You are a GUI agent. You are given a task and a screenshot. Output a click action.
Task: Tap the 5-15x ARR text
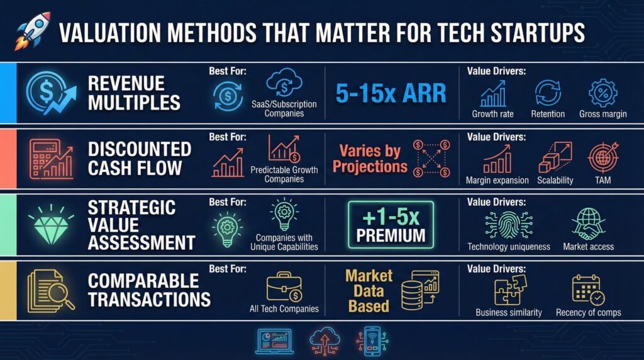(391, 93)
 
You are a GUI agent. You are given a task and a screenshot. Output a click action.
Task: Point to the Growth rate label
(492, 115)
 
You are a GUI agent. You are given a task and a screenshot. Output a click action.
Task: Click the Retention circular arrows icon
(548, 93)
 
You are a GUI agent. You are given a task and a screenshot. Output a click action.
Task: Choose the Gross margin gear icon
(602, 93)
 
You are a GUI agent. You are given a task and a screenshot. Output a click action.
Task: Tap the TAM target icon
(602, 159)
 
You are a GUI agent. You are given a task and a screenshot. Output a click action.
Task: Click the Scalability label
(555, 181)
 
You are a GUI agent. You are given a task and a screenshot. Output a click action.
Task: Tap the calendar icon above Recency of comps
(588, 290)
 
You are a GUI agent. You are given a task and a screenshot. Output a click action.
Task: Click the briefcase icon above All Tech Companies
(284, 288)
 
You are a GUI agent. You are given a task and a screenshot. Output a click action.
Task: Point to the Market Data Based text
(369, 291)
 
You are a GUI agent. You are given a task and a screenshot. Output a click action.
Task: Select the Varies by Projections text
(369, 159)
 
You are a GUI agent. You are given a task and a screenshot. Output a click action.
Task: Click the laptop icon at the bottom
(274, 340)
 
